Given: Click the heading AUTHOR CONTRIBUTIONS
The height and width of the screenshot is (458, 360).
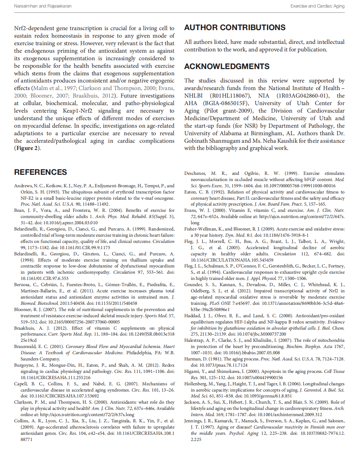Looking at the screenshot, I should (x=235, y=27).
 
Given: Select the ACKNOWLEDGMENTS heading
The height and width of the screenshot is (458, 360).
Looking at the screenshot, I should (x=226, y=66).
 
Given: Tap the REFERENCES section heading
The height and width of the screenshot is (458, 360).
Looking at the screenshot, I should (x=40, y=172).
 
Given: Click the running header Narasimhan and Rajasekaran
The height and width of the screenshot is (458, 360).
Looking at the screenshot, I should (x=43, y=6).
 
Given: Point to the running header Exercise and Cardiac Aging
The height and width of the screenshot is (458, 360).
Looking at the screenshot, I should (x=317, y=6).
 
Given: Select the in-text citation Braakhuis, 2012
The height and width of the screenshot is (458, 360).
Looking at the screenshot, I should (x=93, y=96).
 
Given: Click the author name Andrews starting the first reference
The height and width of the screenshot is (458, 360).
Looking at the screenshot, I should (x=23, y=186).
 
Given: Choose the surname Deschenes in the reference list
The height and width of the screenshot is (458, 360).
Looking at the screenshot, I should (x=195, y=173).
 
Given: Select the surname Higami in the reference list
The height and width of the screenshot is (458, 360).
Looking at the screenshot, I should (x=192, y=371).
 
